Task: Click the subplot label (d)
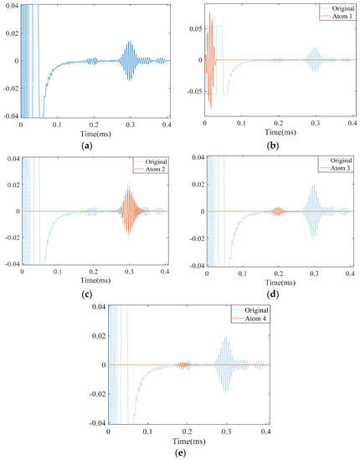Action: pos(271,294)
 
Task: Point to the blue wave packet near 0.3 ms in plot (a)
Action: pos(130,60)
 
